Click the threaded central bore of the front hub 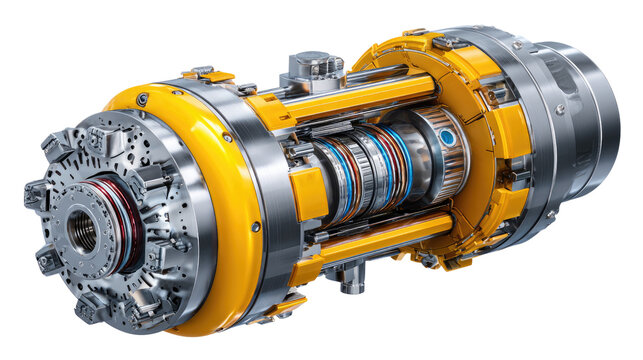point(82,231)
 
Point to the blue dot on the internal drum point(447,138)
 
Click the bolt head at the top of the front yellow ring point(144,99)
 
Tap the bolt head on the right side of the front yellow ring point(256,227)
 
